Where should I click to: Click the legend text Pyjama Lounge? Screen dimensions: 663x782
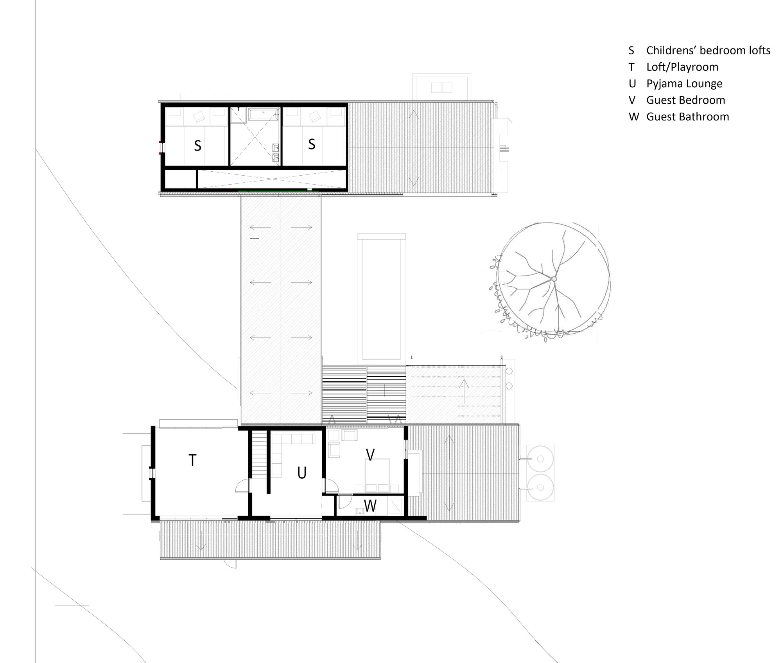tap(684, 84)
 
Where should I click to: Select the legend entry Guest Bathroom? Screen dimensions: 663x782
tap(687, 117)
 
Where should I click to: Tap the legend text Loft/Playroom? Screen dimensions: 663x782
tap(682, 67)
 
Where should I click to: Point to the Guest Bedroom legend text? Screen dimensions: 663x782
tap(685, 100)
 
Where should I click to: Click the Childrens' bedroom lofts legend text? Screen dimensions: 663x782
tap(708, 50)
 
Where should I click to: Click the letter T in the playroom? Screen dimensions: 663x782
tap(192, 461)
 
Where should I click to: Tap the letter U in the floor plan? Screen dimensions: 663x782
tap(301, 473)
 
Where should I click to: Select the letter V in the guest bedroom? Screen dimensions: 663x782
tap(370, 455)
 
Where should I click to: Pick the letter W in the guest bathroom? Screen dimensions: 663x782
tap(370, 506)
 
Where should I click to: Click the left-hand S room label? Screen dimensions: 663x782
tap(197, 146)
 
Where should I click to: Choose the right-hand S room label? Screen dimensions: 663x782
tap(312, 144)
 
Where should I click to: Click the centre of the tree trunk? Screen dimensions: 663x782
tap(554, 279)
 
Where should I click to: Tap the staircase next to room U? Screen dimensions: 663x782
tap(258, 454)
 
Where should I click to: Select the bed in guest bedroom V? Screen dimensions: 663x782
tap(377, 474)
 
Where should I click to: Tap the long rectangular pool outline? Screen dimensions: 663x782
tap(381, 297)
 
